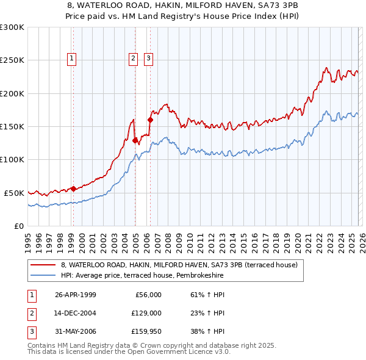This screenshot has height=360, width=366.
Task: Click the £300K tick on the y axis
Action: pyautogui.click(x=12, y=27)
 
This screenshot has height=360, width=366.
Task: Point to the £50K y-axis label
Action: pyautogui.click(x=14, y=193)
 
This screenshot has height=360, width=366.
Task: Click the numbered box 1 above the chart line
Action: pyautogui.click(x=72, y=59)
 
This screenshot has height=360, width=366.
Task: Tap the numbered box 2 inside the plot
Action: pyautogui.click(x=133, y=59)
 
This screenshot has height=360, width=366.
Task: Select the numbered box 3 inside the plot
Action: pyautogui.click(x=148, y=59)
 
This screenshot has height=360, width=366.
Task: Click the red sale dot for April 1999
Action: pyautogui.click(x=73, y=189)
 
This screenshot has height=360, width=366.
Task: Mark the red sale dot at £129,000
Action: pyautogui.click(x=135, y=140)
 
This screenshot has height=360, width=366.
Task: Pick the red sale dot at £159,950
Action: pyautogui.click(x=150, y=120)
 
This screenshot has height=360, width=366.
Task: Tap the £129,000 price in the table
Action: pyautogui.click(x=147, y=313)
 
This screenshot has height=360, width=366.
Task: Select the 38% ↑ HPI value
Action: pyautogui.click(x=207, y=331)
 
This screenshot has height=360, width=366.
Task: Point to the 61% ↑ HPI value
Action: pyautogui.click(x=207, y=295)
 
